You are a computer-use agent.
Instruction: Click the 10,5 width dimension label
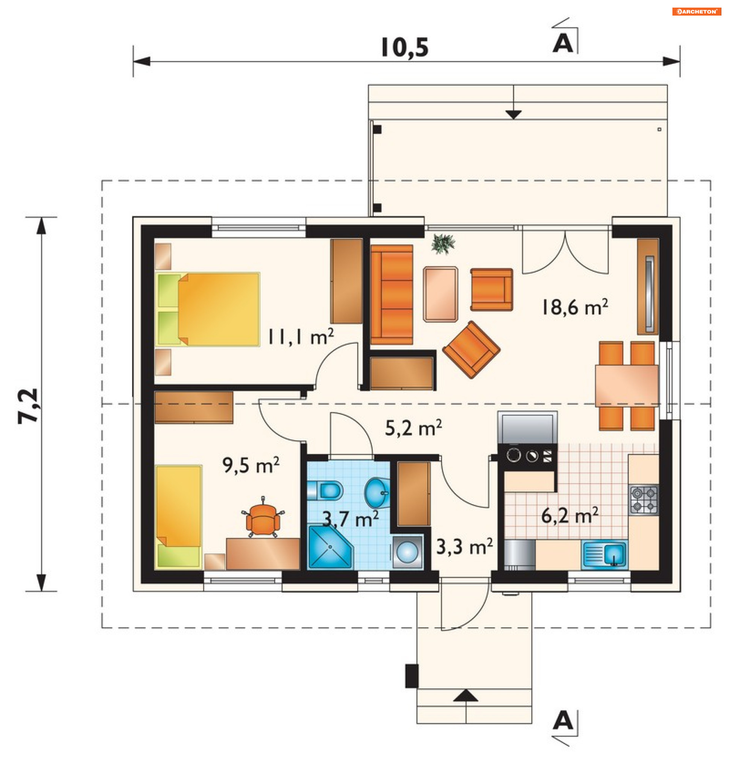click(404, 48)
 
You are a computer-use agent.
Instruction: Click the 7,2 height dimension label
click(29, 405)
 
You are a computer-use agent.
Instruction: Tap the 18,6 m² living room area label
click(575, 307)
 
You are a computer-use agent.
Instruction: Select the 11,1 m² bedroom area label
click(301, 337)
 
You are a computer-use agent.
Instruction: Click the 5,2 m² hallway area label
click(413, 428)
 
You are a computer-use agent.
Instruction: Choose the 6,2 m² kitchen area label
click(570, 516)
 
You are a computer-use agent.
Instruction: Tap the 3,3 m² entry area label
click(465, 547)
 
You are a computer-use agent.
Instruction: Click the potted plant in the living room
click(443, 244)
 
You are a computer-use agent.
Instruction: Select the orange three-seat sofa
click(392, 295)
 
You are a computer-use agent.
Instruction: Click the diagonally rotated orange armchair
click(471, 350)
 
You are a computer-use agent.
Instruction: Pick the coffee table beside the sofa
click(440, 294)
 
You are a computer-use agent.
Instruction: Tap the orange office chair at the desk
click(263, 518)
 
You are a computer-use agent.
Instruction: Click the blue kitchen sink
click(604, 554)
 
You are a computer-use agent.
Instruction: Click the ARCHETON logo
click(697, 12)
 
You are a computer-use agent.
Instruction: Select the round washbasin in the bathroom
click(377, 493)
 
